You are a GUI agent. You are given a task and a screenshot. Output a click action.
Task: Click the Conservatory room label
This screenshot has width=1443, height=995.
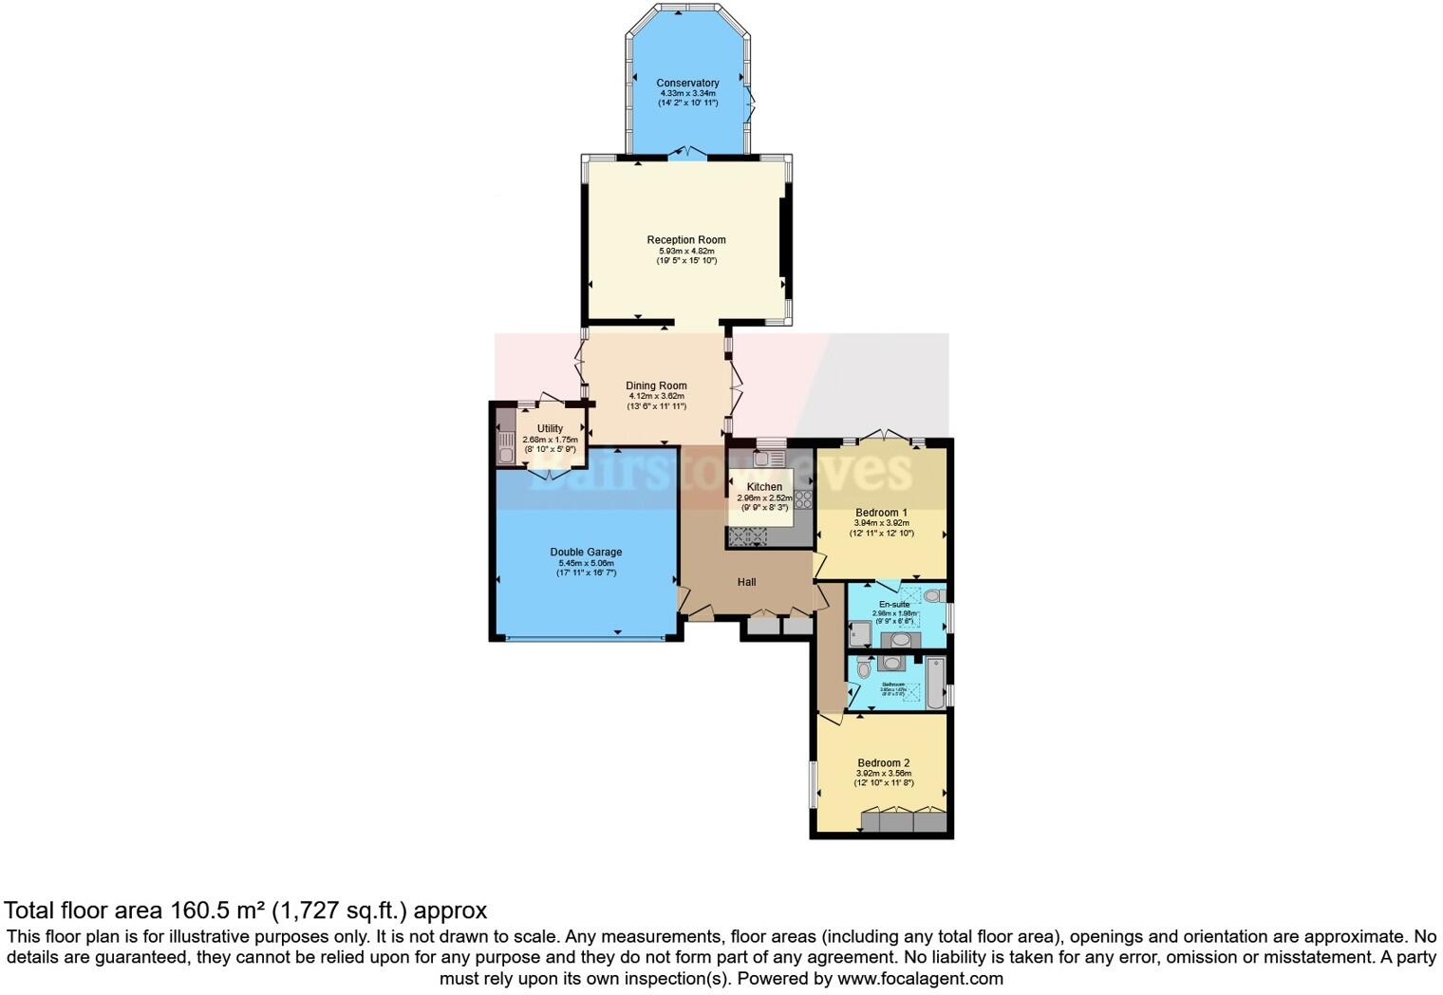pos(687,83)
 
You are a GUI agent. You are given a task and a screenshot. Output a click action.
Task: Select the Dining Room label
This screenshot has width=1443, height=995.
pos(656,385)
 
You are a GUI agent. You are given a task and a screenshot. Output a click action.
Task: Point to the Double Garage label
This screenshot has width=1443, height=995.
pos(586,552)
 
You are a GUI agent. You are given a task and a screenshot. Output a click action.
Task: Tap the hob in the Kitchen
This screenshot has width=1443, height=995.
pos(803,499)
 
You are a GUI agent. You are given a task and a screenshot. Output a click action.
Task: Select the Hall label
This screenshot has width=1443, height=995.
pos(747,582)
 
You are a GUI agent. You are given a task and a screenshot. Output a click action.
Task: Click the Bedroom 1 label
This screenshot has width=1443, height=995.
pos(881,513)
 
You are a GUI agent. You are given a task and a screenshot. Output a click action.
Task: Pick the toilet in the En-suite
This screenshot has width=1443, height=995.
pos(931,596)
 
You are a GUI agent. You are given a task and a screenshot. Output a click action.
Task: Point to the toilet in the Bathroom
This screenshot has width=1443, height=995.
pos(863,669)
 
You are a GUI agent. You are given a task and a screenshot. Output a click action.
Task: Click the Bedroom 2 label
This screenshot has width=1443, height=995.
pos(883,762)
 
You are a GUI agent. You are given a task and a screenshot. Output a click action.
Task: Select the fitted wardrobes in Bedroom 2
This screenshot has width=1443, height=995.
pos(904,820)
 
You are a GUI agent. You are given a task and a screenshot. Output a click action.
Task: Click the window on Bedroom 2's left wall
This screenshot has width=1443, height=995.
pos(814,784)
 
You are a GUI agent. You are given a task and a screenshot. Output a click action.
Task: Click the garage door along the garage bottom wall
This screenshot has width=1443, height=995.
pos(585,640)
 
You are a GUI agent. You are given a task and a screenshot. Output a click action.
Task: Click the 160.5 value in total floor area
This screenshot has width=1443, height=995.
pos(199,911)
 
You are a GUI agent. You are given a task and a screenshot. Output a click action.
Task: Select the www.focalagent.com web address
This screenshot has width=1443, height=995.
pos(920,978)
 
